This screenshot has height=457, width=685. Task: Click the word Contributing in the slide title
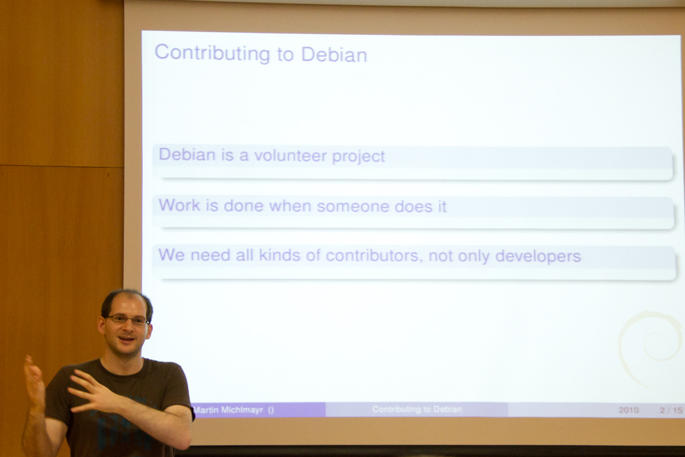tap(212, 54)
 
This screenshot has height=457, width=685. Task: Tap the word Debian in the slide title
tap(334, 55)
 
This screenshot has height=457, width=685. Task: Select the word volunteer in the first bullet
tap(290, 155)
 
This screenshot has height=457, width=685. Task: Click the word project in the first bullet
tap(359, 157)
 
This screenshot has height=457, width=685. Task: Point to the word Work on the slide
tap(179, 205)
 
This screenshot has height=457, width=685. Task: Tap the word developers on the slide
tap(538, 256)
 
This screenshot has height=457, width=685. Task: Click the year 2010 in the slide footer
tap(628, 410)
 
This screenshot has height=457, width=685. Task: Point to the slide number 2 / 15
tap(671, 410)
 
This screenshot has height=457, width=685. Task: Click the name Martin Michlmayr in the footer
tap(228, 409)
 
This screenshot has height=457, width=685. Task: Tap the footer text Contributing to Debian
tap(417, 409)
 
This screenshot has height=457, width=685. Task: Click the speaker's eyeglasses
tap(128, 320)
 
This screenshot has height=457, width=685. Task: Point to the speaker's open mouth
tap(126, 339)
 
